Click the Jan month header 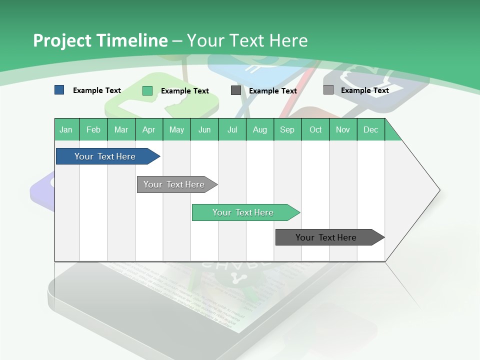66,129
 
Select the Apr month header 149,129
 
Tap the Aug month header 260,129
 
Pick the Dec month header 370,129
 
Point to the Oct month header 315,129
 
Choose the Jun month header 204,129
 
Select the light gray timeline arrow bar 175,184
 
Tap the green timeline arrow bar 243,212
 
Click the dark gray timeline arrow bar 327,237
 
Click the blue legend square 59,90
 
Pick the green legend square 147,90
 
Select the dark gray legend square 235,90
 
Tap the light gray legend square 328,90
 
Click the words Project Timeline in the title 100,40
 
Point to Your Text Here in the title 247,40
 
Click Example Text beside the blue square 97,90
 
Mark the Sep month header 287,129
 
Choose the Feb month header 93,129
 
